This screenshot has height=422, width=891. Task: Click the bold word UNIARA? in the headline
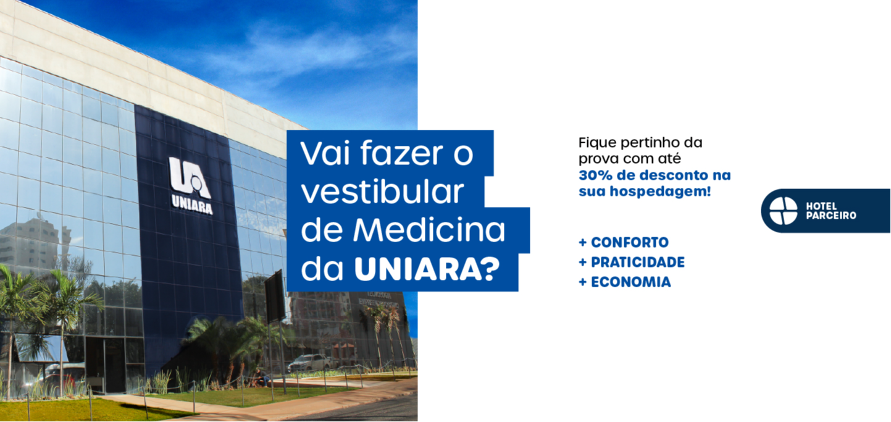pyautogui.click(x=427, y=269)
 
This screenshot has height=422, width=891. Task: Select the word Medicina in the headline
pyautogui.click(x=429, y=230)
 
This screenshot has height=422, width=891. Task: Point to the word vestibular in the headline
pyautogui.click(x=383, y=192)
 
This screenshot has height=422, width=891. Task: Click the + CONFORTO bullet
pyautogui.click(x=624, y=242)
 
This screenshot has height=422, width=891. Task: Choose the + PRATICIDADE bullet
pyautogui.click(x=632, y=262)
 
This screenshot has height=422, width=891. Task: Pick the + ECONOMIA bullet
pyautogui.click(x=625, y=282)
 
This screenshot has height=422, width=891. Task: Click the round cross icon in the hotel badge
pyautogui.click(x=783, y=211)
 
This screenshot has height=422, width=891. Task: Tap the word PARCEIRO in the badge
pyautogui.click(x=831, y=216)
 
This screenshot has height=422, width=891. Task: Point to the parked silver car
pyautogui.click(x=310, y=363)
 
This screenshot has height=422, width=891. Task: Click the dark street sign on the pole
pyautogui.click(x=275, y=296)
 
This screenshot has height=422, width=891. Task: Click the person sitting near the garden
pyautogui.click(x=261, y=378)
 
